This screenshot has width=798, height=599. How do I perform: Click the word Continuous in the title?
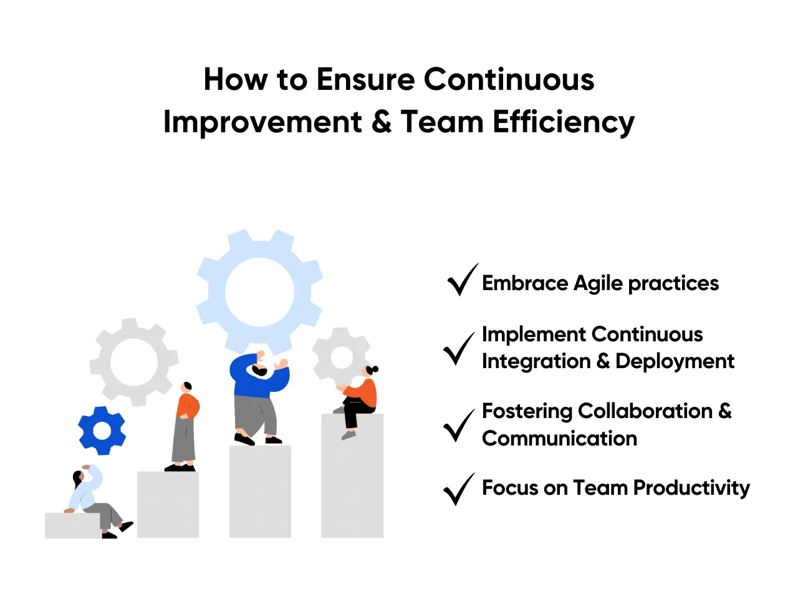point(509,79)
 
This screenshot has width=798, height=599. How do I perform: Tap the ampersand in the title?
point(382,122)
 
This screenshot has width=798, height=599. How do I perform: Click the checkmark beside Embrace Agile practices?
point(462,280)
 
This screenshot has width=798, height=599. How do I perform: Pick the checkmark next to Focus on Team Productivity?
point(459,489)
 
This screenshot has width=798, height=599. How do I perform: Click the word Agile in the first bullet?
point(598,285)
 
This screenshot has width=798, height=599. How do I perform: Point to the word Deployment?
point(675,361)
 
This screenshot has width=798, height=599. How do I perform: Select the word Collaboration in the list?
point(645,411)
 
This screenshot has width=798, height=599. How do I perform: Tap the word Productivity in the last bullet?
point(691,489)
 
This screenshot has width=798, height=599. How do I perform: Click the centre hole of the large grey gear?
point(134,363)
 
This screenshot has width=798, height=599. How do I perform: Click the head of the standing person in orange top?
point(187,387)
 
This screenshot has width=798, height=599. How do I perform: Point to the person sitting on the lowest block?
point(97,502)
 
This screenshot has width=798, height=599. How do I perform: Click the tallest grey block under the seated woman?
point(352,475)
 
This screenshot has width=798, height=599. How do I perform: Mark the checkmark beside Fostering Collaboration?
point(459,426)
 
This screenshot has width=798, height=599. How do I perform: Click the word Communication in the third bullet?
point(559,438)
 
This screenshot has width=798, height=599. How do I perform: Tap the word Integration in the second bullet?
point(536,361)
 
